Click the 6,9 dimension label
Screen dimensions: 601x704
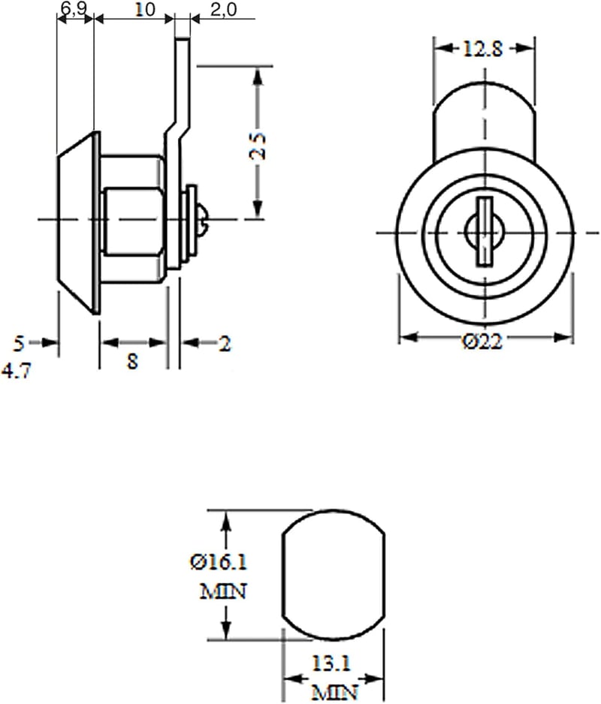pyautogui.click(x=74, y=8)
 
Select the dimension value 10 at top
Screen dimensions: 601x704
pyautogui.click(x=145, y=9)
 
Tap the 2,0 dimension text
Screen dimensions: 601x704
pyautogui.click(x=223, y=9)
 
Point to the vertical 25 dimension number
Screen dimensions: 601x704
pyautogui.click(x=258, y=146)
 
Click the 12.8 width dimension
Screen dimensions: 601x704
pyautogui.click(x=482, y=49)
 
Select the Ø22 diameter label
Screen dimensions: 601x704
pyautogui.click(x=482, y=342)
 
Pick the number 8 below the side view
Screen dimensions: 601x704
pyautogui.click(x=132, y=360)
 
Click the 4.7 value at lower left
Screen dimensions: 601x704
pyautogui.click(x=17, y=371)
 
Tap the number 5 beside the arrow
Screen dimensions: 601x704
pyautogui.click(x=19, y=344)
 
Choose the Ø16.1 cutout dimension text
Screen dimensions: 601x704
pyautogui.click(x=219, y=562)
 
